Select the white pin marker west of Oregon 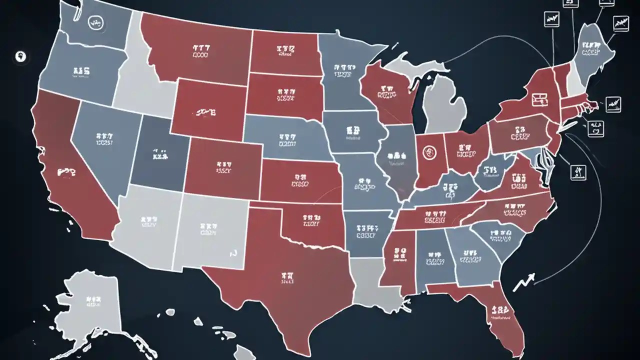(x=20, y=56)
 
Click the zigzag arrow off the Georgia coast (x=523, y=281)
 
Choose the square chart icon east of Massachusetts (x=613, y=104)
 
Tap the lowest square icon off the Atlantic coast (x=578, y=172)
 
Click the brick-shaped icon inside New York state (x=539, y=99)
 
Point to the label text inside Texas (x=287, y=278)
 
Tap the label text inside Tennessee (x=436, y=216)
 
